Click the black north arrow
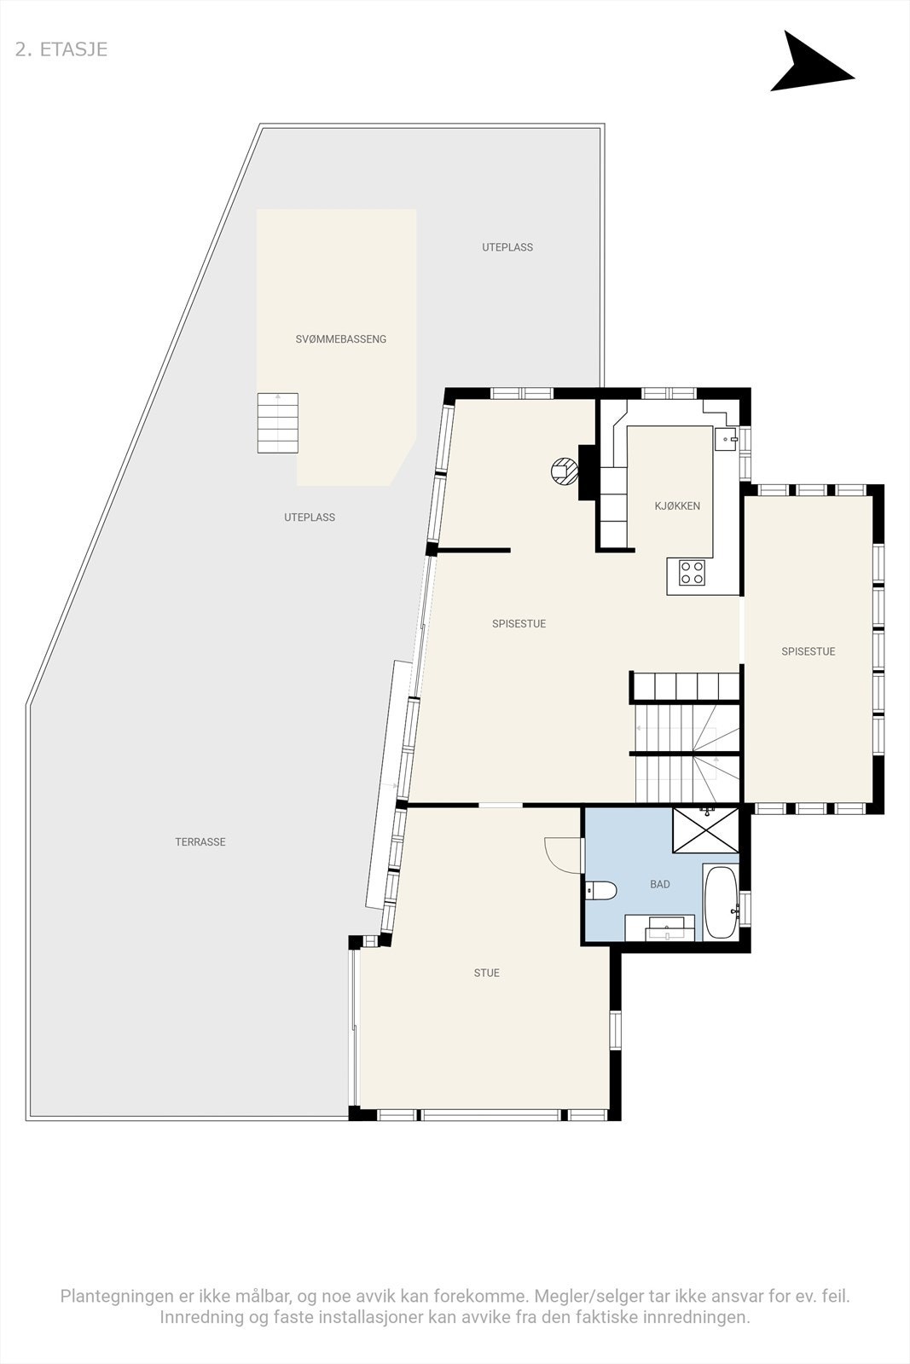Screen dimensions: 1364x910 click(808, 64)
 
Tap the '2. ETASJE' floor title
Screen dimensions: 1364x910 click(61, 49)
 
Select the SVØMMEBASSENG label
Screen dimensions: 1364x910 click(341, 339)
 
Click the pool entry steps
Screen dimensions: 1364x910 click(278, 423)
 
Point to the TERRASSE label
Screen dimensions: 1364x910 click(200, 842)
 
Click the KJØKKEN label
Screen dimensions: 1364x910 click(677, 506)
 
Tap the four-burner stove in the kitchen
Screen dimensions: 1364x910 click(692, 573)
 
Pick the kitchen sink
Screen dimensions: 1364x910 click(726, 439)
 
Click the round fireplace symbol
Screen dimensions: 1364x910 click(564, 471)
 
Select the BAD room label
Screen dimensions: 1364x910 click(660, 885)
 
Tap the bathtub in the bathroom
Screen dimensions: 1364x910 click(721, 903)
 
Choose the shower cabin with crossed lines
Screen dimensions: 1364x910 click(706, 829)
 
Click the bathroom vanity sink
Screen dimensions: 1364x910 click(660, 928)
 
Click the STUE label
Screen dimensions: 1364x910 click(487, 973)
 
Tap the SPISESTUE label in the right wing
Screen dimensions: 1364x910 click(809, 651)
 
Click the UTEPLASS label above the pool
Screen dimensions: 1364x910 click(507, 247)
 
